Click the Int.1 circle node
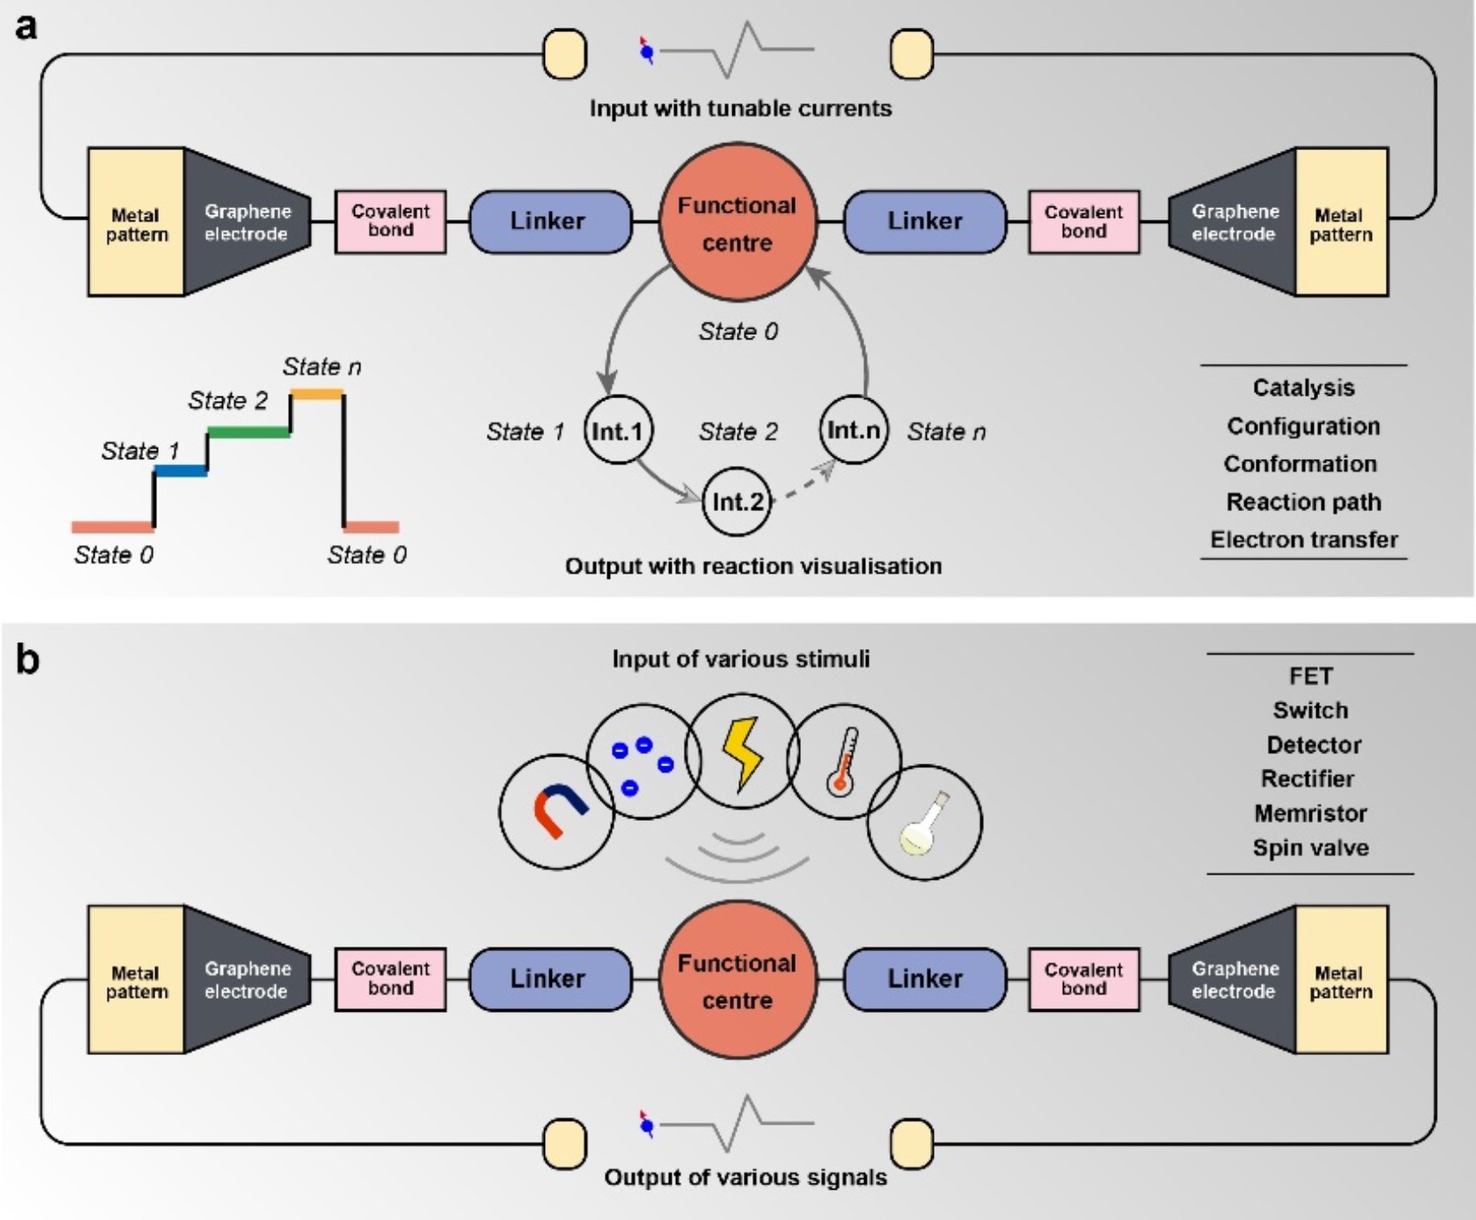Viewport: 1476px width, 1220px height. click(x=617, y=430)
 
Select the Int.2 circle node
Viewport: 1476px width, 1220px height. click(x=737, y=502)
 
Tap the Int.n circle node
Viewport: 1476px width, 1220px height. click(x=854, y=430)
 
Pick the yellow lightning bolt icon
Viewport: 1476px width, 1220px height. click(x=742, y=752)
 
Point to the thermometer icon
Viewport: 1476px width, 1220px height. click(x=843, y=762)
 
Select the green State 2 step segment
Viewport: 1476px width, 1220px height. click(x=248, y=431)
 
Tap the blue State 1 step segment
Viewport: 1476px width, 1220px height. click(x=180, y=471)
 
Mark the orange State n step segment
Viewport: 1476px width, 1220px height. click(x=317, y=395)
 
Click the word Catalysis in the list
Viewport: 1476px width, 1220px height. click(x=1303, y=388)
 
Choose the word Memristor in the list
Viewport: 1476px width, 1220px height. click(x=1310, y=813)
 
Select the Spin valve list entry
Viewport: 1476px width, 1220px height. click(x=1310, y=848)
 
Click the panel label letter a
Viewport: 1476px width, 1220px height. click(x=26, y=28)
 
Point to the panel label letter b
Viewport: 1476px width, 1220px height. click(x=28, y=661)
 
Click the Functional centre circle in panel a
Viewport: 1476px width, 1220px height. click(x=738, y=223)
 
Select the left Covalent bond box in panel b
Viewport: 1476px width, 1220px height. click(x=390, y=979)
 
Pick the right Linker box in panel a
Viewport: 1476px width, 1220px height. click(x=925, y=221)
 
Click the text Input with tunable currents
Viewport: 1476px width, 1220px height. click(x=740, y=108)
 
